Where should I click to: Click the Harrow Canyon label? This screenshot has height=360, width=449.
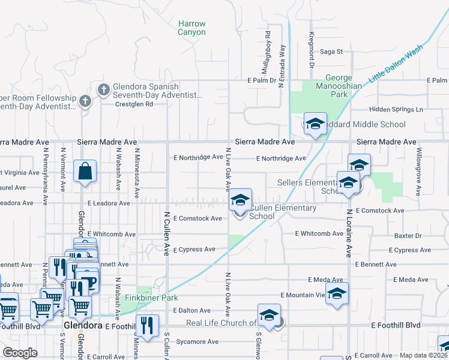pos(191,28)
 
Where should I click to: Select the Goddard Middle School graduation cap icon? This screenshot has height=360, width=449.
pos(315,124)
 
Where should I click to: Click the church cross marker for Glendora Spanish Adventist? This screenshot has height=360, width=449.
pos(103,90)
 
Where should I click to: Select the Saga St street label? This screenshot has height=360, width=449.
pos(331,52)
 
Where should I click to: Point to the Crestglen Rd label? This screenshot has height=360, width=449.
pos(134,104)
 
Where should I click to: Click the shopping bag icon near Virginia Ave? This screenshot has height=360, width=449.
pos(85,171)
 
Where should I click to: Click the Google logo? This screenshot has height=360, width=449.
pos(20,353)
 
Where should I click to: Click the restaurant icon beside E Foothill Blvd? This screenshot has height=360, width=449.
pos(148,326)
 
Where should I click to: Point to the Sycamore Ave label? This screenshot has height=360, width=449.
pos(197,342)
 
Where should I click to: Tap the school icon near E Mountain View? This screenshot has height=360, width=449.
pos(337,293)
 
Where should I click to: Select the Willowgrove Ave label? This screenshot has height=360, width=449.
pos(419,172)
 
